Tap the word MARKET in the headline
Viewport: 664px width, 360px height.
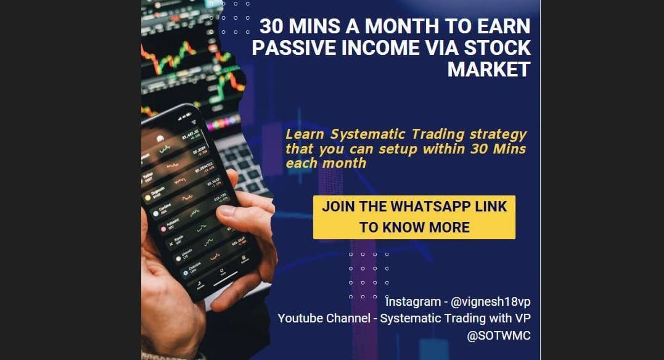[x=488, y=69]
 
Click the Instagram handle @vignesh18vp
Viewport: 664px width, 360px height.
[x=491, y=302]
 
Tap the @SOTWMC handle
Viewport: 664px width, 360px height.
[x=499, y=336]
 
